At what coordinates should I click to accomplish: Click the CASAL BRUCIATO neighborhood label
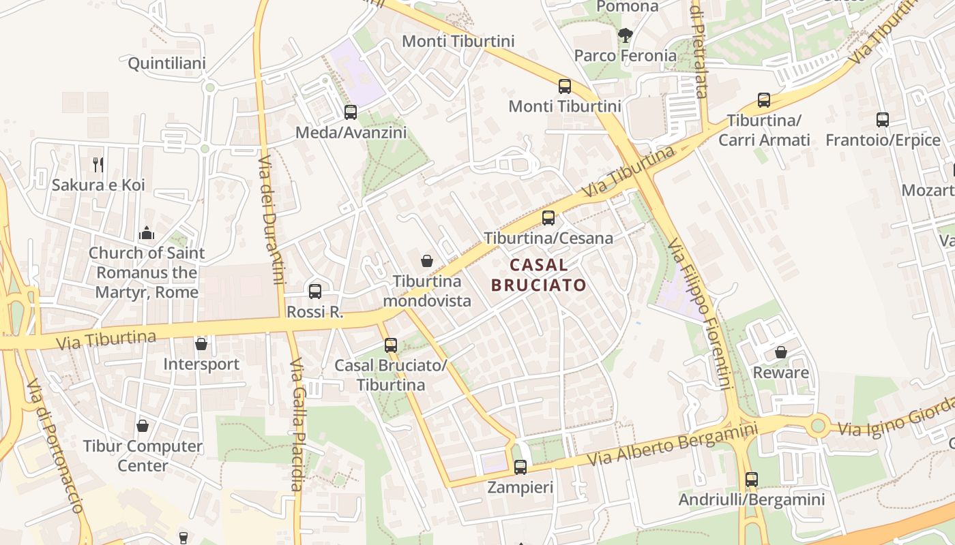tap(539, 275)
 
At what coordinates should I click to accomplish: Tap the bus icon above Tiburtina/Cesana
tap(548, 218)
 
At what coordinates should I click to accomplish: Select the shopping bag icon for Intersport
tap(201, 344)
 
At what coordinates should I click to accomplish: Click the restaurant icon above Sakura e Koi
tap(98, 164)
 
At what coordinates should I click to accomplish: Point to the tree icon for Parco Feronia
tap(625, 35)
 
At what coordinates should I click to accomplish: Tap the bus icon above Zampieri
tap(520, 467)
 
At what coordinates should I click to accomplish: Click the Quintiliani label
tap(167, 63)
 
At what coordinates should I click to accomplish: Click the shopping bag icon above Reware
tap(781, 352)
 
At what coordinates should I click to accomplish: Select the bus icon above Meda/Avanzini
tap(351, 112)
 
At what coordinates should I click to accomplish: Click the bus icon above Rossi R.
tap(315, 292)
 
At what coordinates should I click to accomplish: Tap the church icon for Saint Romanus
tap(147, 234)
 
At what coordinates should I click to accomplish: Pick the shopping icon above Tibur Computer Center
tap(143, 426)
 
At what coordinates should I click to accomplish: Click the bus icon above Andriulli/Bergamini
tap(752, 480)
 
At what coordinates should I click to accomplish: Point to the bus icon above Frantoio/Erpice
tap(883, 120)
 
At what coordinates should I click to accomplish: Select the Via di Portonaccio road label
tap(55, 446)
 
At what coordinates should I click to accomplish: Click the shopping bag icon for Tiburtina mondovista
tap(427, 261)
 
